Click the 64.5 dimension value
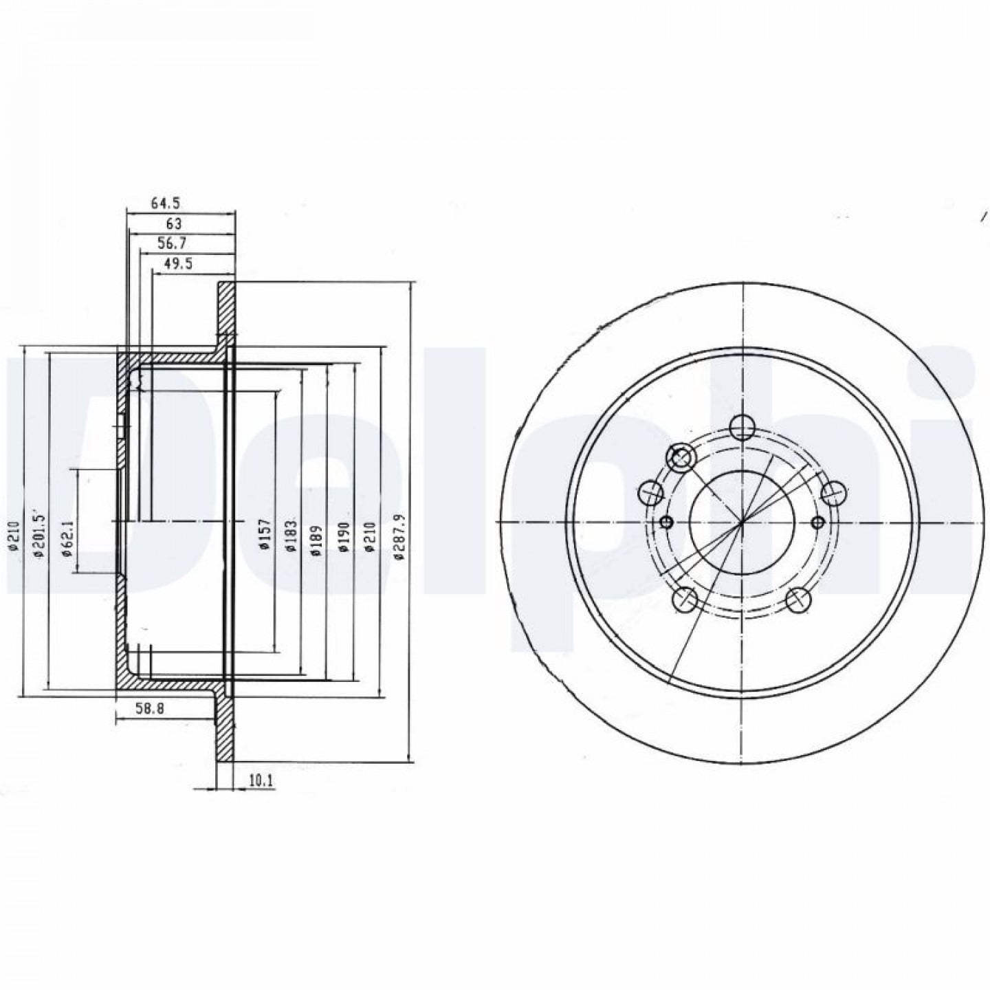[x=165, y=203]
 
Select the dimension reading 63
[x=174, y=223]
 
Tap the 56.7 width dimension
[x=173, y=243]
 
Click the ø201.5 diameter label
[x=39, y=533]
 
